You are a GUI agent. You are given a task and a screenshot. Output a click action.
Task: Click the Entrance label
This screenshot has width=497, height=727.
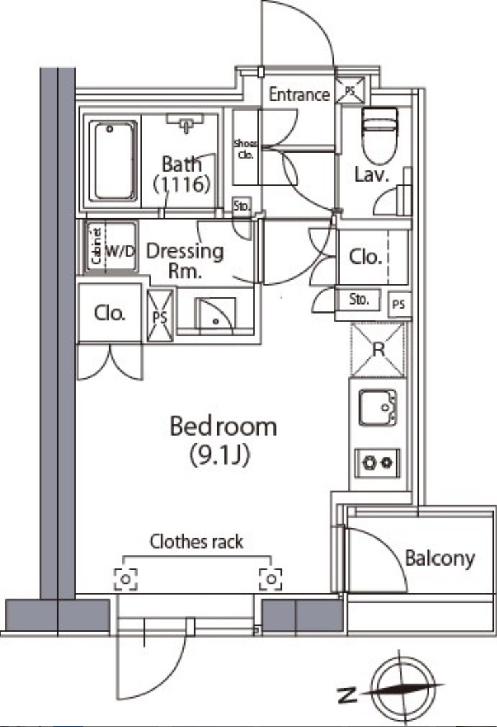pos(299,94)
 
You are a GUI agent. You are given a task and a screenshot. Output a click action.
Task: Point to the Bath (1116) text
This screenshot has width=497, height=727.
pos(182,174)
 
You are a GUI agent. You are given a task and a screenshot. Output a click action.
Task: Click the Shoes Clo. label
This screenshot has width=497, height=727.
pos(246,149)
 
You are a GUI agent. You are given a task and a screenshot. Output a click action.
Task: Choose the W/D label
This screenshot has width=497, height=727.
pos(120,251)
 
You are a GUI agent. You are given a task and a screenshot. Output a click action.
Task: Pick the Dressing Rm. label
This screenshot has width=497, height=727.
pos(185,261)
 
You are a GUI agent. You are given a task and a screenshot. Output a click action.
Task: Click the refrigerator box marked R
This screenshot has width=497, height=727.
pos(378,349)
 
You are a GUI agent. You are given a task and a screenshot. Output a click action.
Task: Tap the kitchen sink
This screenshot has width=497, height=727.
pos(377,407)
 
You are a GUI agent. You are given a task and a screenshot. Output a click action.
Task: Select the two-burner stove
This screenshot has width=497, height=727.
pos(377,462)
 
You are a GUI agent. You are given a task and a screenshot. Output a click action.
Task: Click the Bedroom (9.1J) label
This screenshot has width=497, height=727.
pos(223,440)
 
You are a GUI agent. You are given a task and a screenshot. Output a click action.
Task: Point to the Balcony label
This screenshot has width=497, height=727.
pos(440,558)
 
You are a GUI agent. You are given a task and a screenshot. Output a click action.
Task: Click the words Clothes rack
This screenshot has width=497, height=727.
pos(196,542)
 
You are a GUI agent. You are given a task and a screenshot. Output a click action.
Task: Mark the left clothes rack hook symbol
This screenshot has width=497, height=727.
pos(126,579)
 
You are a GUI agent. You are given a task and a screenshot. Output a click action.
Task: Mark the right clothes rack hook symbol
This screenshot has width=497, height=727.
pos(271,579)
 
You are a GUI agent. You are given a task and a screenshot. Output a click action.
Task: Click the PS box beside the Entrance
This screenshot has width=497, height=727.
pos(350,91)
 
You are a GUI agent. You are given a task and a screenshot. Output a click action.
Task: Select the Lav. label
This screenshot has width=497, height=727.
pos(371,175)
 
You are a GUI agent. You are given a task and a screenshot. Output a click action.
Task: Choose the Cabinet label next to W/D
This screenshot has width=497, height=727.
pos(97,246)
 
